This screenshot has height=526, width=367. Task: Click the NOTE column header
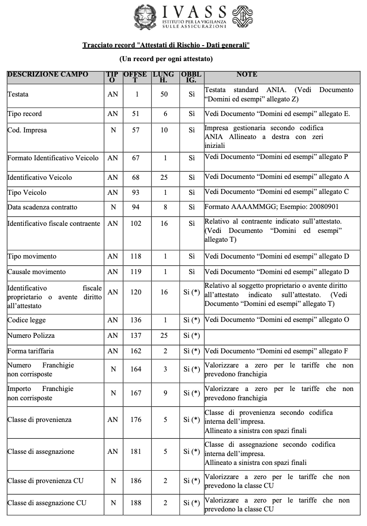[247, 74]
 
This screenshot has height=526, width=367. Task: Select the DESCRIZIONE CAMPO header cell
[48, 74]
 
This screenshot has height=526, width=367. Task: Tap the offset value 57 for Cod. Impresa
[136, 131]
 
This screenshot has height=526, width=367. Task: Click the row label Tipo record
[25, 114]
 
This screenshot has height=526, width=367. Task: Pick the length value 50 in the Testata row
[164, 94]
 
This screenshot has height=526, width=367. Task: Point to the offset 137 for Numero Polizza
[136, 336]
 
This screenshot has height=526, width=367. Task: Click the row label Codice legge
[27, 320]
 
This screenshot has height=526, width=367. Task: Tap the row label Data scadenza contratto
[42, 207]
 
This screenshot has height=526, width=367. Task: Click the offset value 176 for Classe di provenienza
[136, 419]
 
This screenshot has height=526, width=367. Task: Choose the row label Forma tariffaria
[31, 351]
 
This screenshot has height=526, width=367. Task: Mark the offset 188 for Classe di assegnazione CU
[136, 503]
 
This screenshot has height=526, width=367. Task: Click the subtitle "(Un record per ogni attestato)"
[166, 58]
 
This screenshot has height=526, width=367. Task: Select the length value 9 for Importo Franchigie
[164, 393]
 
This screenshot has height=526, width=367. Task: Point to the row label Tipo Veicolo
[27, 193]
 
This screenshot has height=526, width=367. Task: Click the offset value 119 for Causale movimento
[136, 272]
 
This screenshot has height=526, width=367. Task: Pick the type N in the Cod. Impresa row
[113, 131]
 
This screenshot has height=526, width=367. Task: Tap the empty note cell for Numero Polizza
[282, 336]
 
